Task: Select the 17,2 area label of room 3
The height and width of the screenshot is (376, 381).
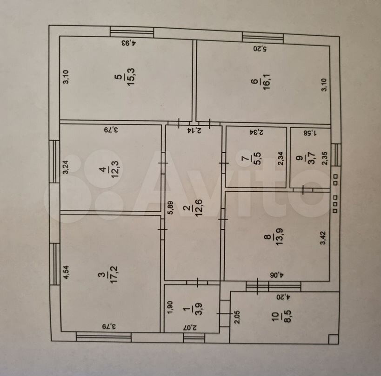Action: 114,275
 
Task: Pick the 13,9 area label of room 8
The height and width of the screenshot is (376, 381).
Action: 280,237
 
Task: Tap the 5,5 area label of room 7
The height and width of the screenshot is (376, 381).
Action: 257,158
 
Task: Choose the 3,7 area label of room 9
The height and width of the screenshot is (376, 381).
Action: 312,158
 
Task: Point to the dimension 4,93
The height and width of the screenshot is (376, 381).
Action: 129,43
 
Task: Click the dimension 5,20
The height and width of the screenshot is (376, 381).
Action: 260,49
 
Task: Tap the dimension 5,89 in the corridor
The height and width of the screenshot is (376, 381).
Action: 171,207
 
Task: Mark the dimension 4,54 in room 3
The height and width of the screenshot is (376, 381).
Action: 67,273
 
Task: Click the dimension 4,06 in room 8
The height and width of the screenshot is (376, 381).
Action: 276,275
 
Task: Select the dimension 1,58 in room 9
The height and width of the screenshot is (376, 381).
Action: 310,133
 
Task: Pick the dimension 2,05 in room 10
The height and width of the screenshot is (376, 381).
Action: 237,317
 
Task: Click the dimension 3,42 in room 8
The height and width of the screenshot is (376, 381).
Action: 323,238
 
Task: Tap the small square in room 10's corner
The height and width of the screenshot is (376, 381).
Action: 333,339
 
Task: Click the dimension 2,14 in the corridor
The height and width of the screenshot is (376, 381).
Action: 194,130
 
